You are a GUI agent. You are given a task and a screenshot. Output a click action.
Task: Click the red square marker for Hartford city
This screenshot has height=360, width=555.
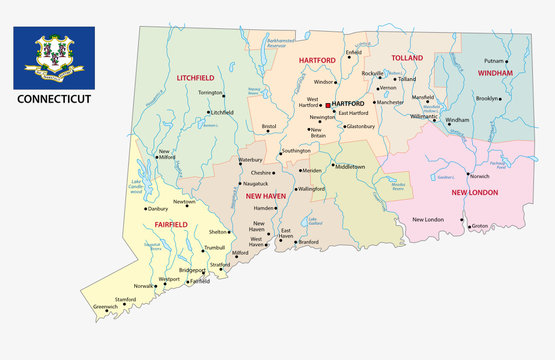(x=328, y=104)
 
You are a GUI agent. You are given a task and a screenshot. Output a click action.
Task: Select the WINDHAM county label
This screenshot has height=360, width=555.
(x=494, y=73)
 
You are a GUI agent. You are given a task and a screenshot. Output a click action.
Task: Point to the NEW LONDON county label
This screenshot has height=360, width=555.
(x=474, y=192)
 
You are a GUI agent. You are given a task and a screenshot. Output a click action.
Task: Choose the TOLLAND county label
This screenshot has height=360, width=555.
(x=408, y=58)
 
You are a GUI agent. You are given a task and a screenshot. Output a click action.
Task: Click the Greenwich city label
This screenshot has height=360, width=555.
(x=105, y=305)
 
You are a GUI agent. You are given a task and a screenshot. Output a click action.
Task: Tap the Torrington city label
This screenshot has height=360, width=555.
(x=210, y=92)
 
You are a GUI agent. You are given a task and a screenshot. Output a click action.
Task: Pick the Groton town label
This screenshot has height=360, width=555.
(x=479, y=226)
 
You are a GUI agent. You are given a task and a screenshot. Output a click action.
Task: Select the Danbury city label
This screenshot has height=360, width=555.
(x=158, y=181)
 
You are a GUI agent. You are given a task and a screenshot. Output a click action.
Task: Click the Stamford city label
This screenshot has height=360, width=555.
(x=124, y=298)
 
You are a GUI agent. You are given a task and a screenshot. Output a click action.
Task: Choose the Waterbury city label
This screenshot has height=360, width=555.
(x=250, y=159)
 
